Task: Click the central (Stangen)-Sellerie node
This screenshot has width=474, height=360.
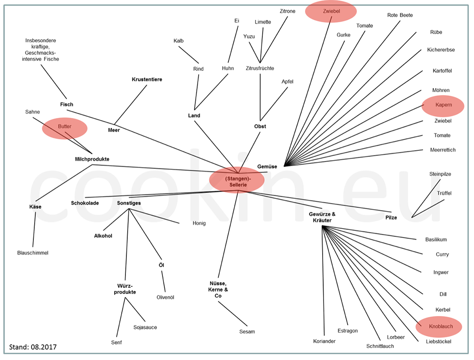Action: (236, 181)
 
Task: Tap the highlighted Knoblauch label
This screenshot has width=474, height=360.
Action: (438, 327)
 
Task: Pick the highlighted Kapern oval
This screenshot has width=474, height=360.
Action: (443, 105)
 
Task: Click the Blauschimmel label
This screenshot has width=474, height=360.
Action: (33, 253)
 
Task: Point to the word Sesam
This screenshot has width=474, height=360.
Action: (247, 331)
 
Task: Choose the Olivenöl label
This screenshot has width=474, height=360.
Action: (165, 297)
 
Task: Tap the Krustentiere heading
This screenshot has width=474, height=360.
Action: (147, 79)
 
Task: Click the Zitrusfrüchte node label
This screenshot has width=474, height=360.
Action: (260, 68)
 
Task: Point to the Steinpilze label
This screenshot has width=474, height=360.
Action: (440, 174)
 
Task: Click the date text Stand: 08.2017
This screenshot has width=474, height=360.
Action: (33, 347)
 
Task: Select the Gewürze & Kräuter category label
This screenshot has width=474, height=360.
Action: (322, 217)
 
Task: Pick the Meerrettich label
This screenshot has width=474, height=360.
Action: (443, 150)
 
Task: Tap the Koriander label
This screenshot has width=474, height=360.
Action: (324, 341)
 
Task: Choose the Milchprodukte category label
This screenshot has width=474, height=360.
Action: (92, 159)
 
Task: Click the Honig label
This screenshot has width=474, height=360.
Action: (199, 223)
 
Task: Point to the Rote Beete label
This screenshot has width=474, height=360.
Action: (400, 15)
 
